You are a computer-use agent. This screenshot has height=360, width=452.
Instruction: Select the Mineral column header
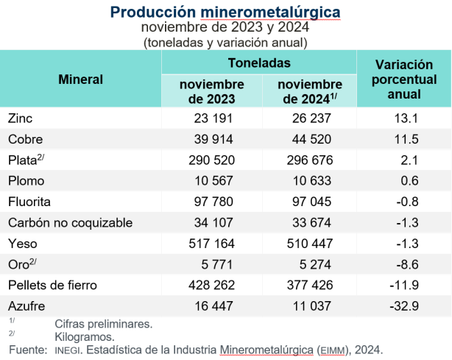80,79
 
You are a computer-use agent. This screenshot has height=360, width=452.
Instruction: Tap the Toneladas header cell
258,63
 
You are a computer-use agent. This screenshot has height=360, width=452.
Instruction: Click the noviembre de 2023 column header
211,91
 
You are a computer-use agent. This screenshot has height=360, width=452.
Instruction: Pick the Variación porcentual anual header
403,79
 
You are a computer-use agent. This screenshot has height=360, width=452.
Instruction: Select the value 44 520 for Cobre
310,139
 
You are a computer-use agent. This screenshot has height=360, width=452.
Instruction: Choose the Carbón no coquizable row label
69,222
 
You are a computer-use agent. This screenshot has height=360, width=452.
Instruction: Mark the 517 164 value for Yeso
211,243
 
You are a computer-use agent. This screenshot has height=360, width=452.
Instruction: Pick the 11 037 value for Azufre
310,306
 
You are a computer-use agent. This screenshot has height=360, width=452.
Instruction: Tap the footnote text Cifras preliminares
104,322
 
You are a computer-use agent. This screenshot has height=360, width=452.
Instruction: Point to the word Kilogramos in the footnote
85,336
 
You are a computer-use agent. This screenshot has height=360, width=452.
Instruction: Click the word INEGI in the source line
69,350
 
